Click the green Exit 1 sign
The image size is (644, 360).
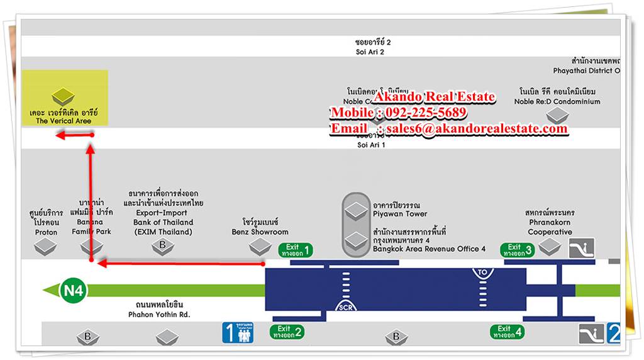(296, 250)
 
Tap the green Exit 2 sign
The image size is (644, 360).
(287, 332)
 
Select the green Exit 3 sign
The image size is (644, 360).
(518, 250)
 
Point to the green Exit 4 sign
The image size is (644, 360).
(508, 332)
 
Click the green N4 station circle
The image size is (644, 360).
(74, 291)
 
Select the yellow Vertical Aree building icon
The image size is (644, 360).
(64, 97)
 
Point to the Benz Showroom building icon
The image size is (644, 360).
(260, 247)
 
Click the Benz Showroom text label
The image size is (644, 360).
(260, 227)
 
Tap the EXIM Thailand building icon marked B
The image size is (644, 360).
(162, 247)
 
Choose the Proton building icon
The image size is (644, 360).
(46, 247)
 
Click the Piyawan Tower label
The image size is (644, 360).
(399, 210)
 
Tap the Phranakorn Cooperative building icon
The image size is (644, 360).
(550, 247)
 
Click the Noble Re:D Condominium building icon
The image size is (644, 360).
(557, 115)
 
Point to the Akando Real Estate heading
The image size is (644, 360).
(434, 98)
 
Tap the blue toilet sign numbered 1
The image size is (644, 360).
(238, 332)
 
